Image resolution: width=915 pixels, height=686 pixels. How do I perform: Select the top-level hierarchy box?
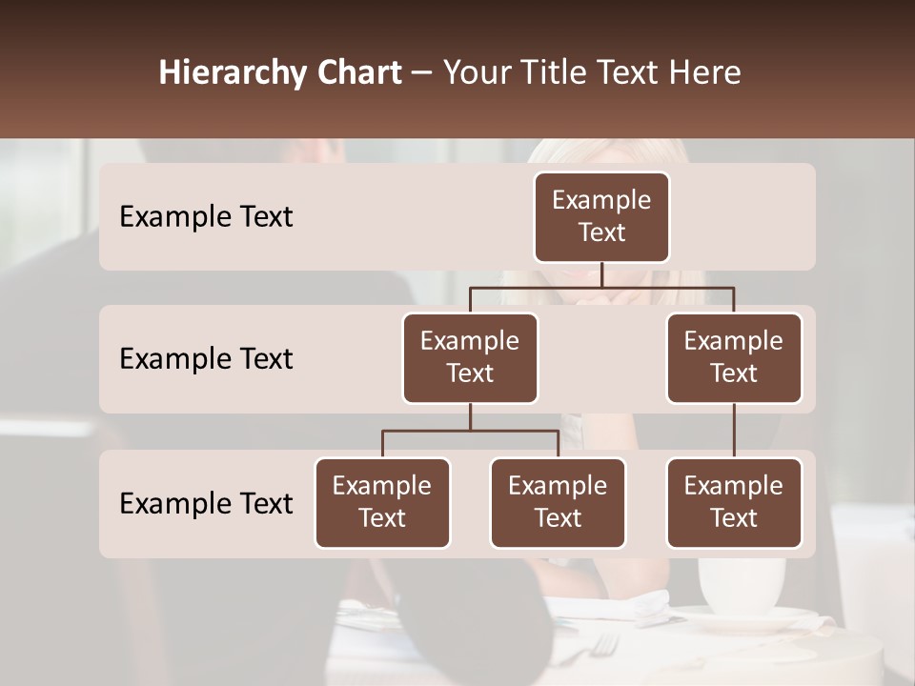601,217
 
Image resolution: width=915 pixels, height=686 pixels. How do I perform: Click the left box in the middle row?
470,358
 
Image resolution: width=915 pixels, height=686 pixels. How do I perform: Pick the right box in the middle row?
734,358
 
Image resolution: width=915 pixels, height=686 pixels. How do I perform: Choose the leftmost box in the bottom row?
382,503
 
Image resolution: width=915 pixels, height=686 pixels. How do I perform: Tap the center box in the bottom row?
558,503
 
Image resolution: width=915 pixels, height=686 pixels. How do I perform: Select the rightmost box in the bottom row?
734,503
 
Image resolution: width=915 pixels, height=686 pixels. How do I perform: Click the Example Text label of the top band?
206,217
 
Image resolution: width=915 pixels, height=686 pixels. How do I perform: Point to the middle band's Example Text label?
206,359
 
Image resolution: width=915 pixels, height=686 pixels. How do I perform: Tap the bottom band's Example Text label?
206,504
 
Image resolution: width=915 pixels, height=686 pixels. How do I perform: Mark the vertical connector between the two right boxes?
734,431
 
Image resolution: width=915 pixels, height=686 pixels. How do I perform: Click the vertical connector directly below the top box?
601,274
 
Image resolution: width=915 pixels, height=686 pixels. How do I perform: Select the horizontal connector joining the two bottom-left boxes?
470,431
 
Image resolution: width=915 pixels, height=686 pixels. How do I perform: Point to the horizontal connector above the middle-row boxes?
601,287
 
